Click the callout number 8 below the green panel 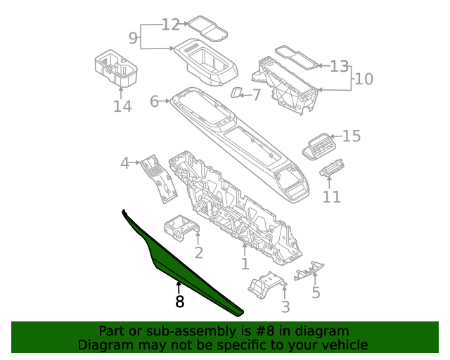180,302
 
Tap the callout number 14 122,106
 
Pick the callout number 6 155,102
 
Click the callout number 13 340,67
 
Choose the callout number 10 364,79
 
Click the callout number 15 351,136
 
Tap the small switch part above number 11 331,171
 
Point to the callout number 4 125,164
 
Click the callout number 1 245,264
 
